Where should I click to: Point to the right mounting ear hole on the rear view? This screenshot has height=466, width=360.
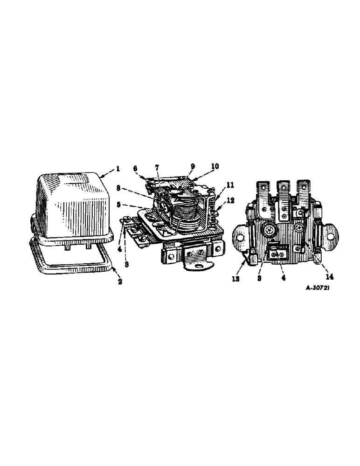click(331, 237)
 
